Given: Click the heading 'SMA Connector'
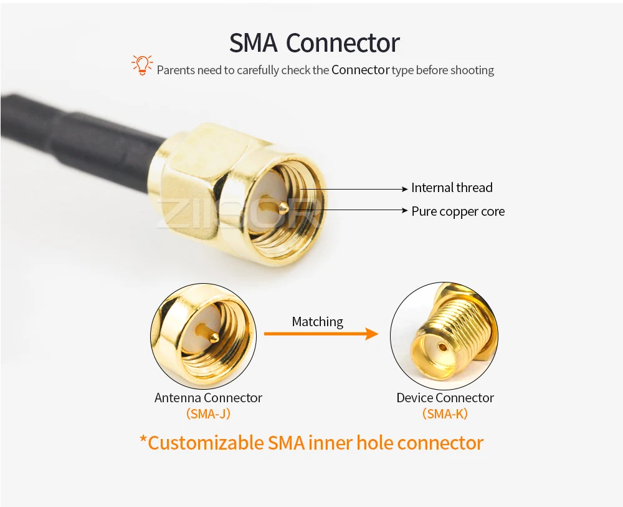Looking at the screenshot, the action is pyautogui.click(x=314, y=43).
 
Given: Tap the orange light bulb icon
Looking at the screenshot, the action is pyautogui.click(x=142, y=65).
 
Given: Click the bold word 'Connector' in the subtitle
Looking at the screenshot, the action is pyautogui.click(x=360, y=70).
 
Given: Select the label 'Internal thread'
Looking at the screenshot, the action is pyautogui.click(x=452, y=188).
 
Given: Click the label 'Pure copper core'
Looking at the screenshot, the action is pyautogui.click(x=458, y=211).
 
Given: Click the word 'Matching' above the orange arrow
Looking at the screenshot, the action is pyautogui.click(x=318, y=322).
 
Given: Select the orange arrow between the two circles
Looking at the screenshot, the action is pyautogui.click(x=321, y=334).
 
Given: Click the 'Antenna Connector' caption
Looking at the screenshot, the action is pyautogui.click(x=208, y=398).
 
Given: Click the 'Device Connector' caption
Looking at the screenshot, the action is pyautogui.click(x=445, y=398).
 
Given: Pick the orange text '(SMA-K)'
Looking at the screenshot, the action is pyautogui.click(x=445, y=413).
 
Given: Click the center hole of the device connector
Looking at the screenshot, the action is pyautogui.click(x=442, y=347).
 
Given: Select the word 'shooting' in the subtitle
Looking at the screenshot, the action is pyautogui.click(x=473, y=70).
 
